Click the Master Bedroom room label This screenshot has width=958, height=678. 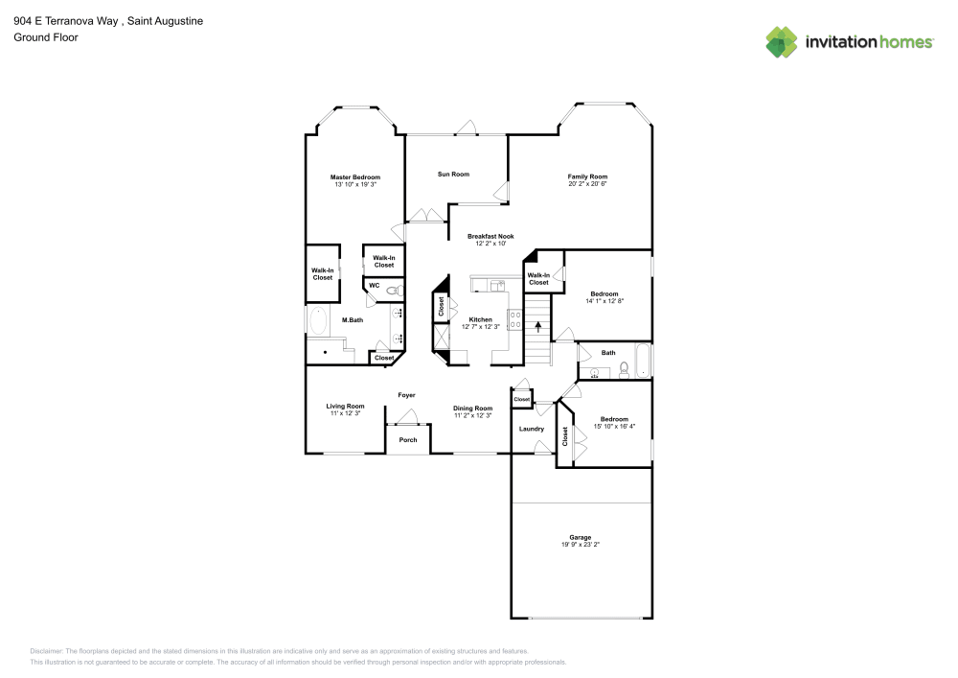(x=355, y=177)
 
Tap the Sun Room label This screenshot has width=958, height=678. (x=453, y=174)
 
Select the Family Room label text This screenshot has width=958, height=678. (x=587, y=176)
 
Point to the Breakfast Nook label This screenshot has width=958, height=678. (x=490, y=236)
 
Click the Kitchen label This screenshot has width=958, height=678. (x=480, y=319)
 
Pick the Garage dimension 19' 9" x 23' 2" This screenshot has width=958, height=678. (x=580, y=545)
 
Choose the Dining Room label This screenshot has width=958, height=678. (x=472, y=408)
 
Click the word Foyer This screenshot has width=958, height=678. (x=406, y=395)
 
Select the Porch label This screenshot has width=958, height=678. (x=408, y=440)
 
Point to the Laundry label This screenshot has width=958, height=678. (x=531, y=429)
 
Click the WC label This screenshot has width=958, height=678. (x=375, y=285)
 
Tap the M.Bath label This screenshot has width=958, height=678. (x=353, y=319)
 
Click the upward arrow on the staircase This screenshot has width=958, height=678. (x=538, y=328)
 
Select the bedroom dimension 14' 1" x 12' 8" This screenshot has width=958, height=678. (x=604, y=301)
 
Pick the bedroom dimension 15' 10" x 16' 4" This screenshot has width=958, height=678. (x=614, y=426)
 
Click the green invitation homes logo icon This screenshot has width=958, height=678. (x=782, y=42)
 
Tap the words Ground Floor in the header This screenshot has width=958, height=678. (x=45, y=37)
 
